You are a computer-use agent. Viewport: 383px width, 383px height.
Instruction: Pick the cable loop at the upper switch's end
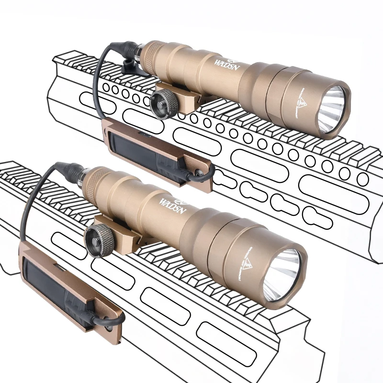201,176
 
